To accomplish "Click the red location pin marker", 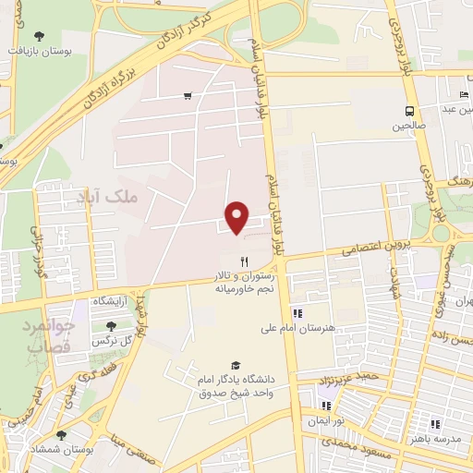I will tap(238, 217).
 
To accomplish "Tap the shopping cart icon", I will tap(188, 95).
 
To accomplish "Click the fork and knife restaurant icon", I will tap(245, 261).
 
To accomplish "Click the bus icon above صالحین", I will tap(410, 108).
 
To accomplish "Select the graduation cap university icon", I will tap(235, 366).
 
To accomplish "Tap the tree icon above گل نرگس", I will tap(112, 325).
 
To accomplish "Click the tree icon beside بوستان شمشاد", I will tap(61, 434).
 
